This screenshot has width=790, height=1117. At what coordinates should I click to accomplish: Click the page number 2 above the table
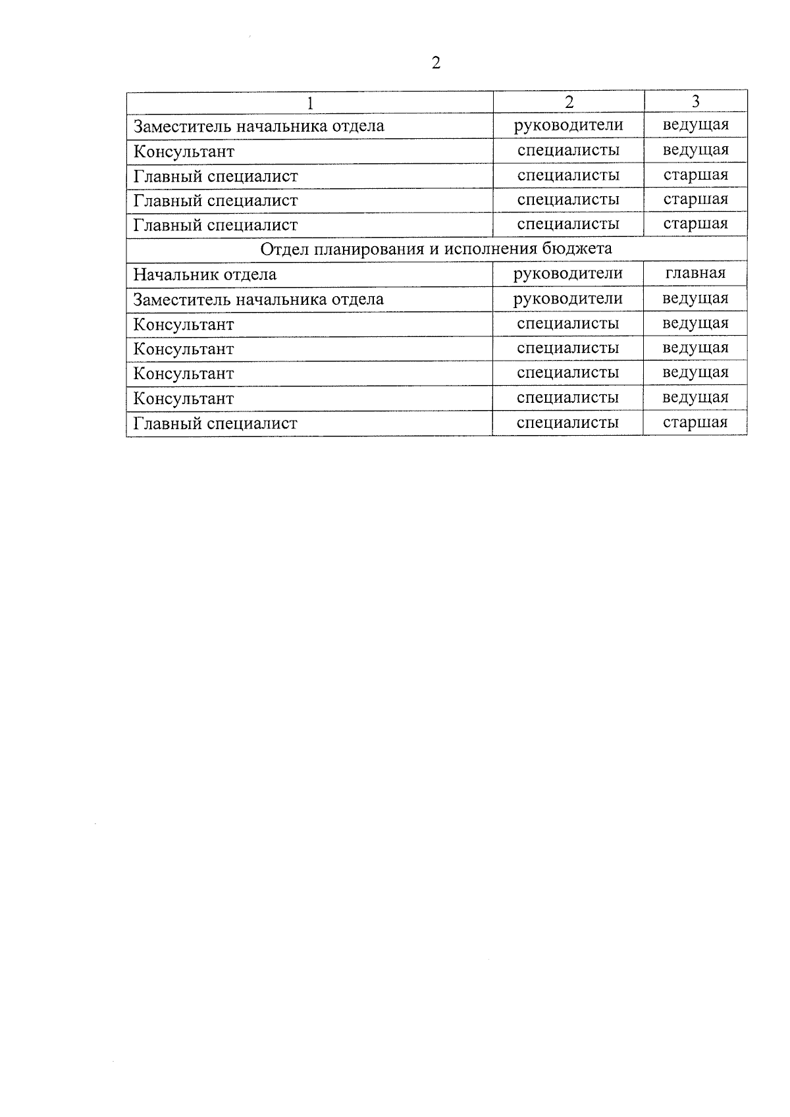[x=436, y=63]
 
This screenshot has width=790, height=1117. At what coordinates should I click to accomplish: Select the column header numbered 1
[x=309, y=102]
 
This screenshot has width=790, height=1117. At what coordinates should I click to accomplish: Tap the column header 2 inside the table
[x=569, y=101]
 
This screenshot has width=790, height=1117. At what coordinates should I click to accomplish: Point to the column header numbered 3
[x=695, y=101]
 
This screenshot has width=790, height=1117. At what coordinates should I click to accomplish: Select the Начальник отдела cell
[x=205, y=274]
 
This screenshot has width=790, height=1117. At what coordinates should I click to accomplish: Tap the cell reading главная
[x=695, y=273]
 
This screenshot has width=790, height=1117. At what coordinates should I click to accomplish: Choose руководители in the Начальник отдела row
[x=567, y=273]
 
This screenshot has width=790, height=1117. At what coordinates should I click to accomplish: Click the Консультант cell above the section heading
[x=184, y=151]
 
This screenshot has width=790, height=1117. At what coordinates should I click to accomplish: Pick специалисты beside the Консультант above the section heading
[x=568, y=150]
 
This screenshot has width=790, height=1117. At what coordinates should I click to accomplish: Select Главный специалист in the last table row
[x=215, y=423]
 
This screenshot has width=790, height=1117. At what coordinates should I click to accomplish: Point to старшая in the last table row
[x=695, y=422]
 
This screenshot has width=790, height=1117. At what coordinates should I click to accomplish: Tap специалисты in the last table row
[x=567, y=422]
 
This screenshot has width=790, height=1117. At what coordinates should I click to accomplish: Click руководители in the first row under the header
[x=568, y=125]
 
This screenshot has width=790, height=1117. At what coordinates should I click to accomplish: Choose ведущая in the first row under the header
[x=695, y=125]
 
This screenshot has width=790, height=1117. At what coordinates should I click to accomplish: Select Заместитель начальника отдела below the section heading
[x=258, y=299]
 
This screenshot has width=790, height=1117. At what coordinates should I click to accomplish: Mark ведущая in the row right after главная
[x=695, y=298]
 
